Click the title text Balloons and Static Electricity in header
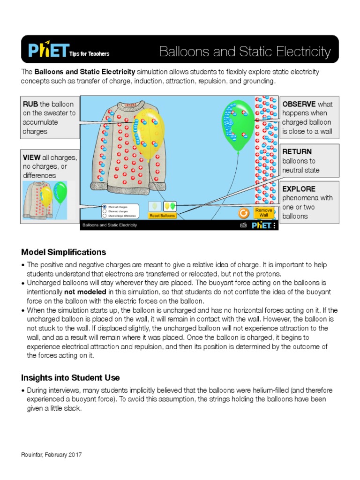coord(245,52)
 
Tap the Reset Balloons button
coord(162,216)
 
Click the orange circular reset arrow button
coord(243,213)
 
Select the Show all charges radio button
coord(105,207)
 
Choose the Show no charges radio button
coord(105,211)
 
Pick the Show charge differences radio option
coord(105,216)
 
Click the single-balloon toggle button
coord(155,206)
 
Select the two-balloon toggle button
coord(170,206)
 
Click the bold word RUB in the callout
coord(30,104)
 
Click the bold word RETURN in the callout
coord(297,152)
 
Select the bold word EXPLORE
coord(299,189)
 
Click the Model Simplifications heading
coord(63,252)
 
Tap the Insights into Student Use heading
coord(70,377)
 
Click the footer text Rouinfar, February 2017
coord(52,455)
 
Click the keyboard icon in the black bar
coord(243,225)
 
